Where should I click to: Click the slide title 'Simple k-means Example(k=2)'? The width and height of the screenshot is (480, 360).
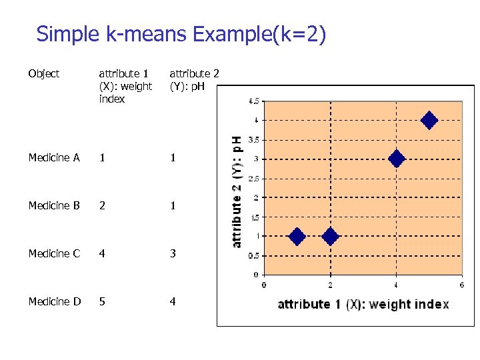(181, 34)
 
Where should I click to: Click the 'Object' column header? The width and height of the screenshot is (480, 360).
(44, 74)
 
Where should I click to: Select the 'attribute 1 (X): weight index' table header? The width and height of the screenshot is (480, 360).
(125, 86)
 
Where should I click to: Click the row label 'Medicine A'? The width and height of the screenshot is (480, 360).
(54, 158)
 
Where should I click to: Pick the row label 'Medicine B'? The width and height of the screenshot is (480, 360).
(54, 206)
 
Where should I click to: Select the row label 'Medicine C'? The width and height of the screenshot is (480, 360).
(54, 253)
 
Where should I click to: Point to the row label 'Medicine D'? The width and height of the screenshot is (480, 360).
(54, 301)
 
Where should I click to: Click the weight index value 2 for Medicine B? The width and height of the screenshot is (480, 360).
(102, 206)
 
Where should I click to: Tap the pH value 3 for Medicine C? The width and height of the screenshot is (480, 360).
(173, 253)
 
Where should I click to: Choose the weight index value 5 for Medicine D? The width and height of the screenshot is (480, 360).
(102, 301)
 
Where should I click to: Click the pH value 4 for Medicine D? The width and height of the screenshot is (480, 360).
(173, 301)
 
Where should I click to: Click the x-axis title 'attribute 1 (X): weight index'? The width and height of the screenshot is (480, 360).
(363, 305)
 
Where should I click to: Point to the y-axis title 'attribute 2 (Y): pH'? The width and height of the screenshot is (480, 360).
(237, 191)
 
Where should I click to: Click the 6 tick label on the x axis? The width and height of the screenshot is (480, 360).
(462, 285)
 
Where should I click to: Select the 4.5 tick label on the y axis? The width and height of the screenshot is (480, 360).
(254, 102)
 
